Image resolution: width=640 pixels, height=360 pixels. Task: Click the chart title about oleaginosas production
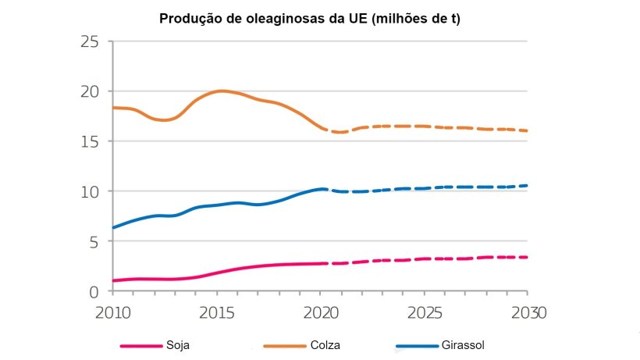[x=310, y=19]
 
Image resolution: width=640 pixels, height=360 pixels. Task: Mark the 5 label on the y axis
[x=94, y=241]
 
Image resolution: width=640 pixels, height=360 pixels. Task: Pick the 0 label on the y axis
[x=94, y=291]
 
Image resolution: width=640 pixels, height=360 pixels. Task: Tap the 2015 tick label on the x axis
[x=217, y=312]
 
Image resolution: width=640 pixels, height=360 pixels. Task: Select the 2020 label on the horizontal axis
[x=322, y=312]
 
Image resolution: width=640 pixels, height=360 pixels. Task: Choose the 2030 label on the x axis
[x=527, y=312]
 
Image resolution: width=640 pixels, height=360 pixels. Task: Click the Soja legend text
[x=179, y=344]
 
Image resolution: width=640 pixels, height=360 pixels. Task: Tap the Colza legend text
[x=325, y=344]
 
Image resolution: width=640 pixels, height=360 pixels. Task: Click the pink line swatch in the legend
[x=140, y=345]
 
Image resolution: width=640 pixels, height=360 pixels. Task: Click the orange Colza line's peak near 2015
[x=222, y=91]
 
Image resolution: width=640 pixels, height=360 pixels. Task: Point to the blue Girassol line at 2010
[x=114, y=227]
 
